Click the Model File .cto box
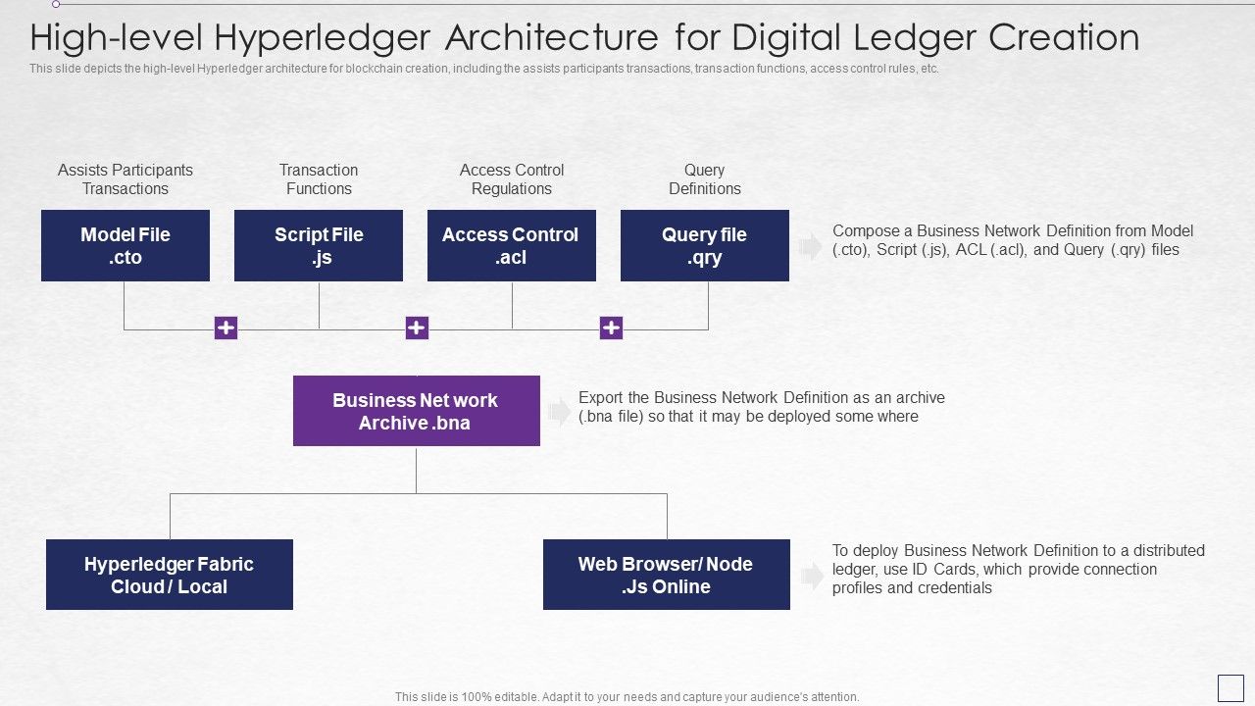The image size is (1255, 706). tap(125, 245)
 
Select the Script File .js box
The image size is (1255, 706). tap(319, 245)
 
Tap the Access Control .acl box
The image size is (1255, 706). tap(511, 245)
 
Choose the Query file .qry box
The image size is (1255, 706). tap(704, 245)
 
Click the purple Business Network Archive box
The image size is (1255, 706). tap(416, 411)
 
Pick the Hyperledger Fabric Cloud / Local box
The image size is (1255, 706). tap(169, 575)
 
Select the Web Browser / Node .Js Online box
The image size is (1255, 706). tap(666, 575)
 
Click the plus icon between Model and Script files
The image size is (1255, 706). tap(226, 328)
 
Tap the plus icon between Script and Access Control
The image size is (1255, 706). tap(417, 328)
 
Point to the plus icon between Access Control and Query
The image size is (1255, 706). tap(611, 328)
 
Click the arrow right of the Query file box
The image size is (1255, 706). tap(811, 246)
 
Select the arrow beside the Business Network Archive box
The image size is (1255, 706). tap(559, 412)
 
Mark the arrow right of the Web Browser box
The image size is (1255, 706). tap(811, 576)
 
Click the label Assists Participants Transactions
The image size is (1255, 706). tap(125, 179)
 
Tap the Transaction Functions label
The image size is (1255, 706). tap(319, 179)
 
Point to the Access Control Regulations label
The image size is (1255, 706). tap(511, 179)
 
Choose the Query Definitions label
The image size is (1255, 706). tap(704, 179)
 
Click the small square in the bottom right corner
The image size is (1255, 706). tap(1230, 687)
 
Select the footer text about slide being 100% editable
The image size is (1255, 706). tap(627, 697)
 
